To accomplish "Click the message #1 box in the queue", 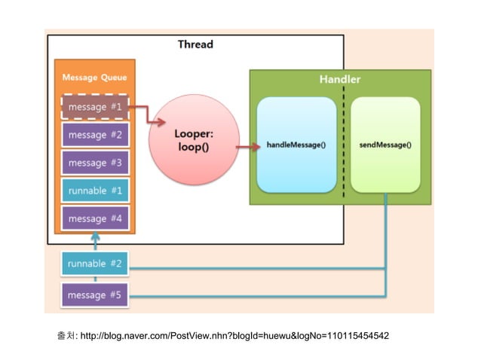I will tap(95, 107).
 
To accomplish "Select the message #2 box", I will tap(95, 135).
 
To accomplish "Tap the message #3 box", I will tap(95, 163).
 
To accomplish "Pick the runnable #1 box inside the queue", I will tap(95, 191).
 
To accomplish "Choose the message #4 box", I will tap(95, 218).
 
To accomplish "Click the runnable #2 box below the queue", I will tap(95, 264).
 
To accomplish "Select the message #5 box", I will tap(95, 295).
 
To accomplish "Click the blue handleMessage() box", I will tap(296, 145).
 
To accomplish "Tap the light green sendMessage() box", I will tap(385, 145).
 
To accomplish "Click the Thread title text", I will tap(195, 44).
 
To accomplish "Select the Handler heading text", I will tap(339, 79).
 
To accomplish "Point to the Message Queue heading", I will tap(94, 78).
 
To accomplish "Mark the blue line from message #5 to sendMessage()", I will tap(256, 296).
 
